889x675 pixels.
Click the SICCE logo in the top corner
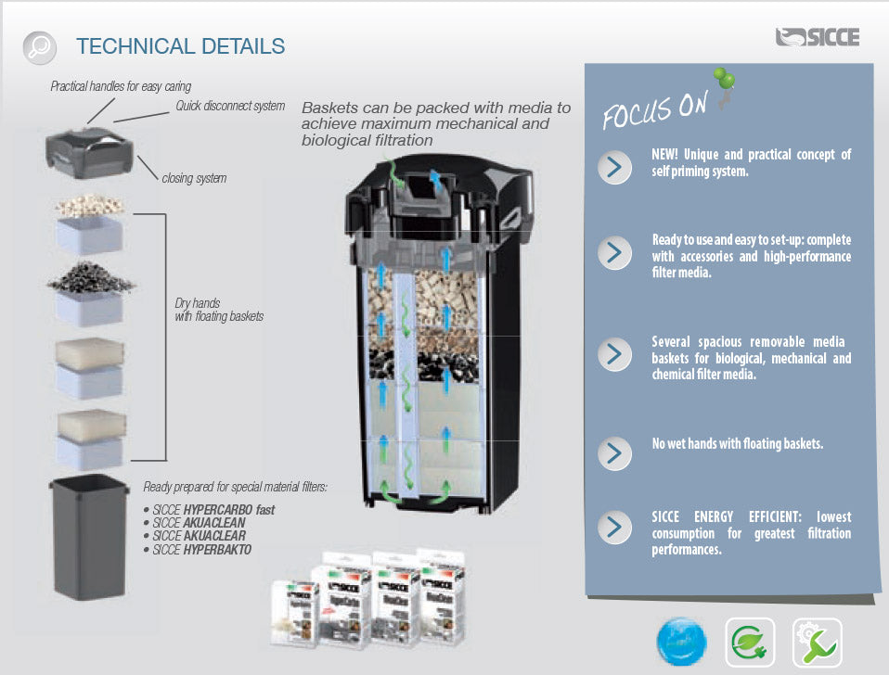(x=817, y=37)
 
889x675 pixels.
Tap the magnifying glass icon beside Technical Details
(x=39, y=45)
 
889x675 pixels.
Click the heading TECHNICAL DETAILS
(x=180, y=45)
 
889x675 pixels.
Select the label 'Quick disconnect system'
(x=230, y=106)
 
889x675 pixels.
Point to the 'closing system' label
(x=194, y=178)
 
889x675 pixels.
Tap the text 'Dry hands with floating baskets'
(x=219, y=310)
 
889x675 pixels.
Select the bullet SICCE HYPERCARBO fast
(x=213, y=510)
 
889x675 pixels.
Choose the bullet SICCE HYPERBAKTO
(x=201, y=550)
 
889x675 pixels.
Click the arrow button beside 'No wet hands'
(x=614, y=452)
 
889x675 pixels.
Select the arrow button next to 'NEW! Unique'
(x=614, y=167)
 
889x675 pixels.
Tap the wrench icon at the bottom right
(x=817, y=643)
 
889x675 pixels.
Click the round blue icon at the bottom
(x=681, y=643)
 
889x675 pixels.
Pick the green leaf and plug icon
(x=749, y=643)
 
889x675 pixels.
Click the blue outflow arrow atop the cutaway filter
(x=434, y=178)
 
